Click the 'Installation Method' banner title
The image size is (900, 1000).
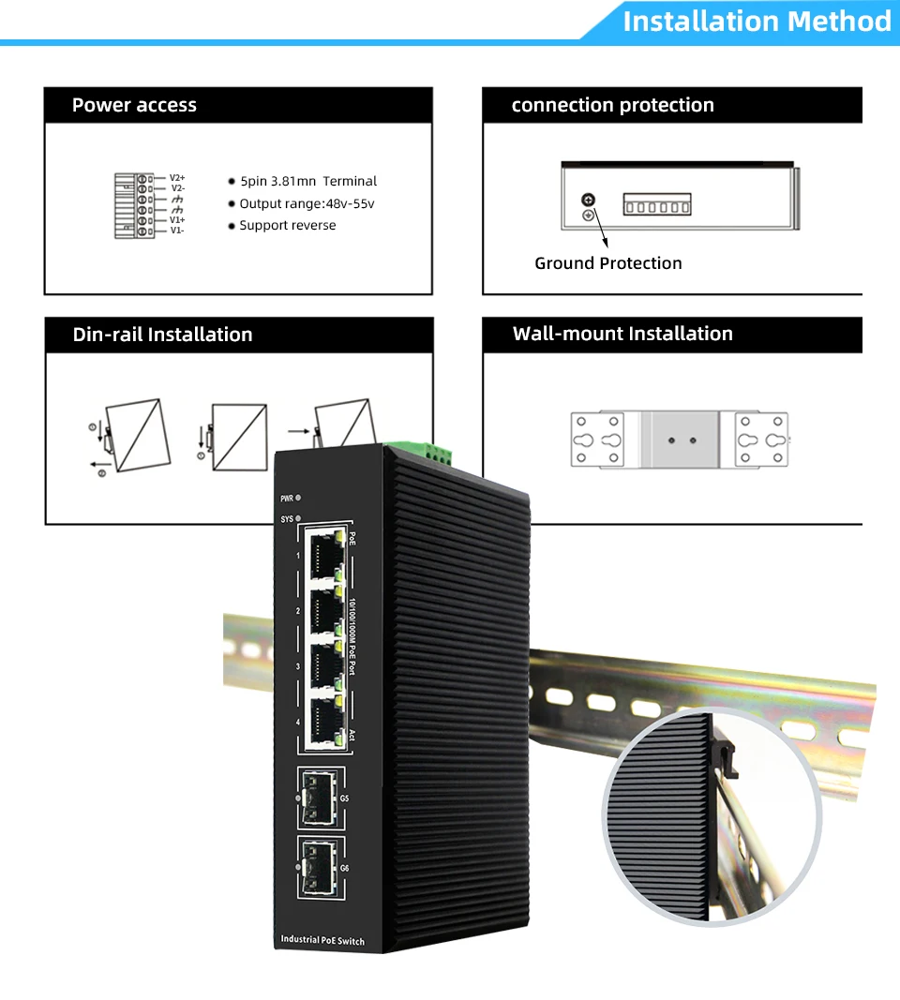(x=756, y=21)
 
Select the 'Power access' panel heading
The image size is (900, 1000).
(x=134, y=105)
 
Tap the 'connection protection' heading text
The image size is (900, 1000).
(x=612, y=105)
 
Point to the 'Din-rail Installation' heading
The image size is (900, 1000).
(x=162, y=335)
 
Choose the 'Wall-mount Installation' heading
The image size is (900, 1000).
(x=622, y=334)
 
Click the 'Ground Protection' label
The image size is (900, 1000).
(x=607, y=263)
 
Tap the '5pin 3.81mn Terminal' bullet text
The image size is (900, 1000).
(x=307, y=181)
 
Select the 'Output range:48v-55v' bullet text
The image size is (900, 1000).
(x=307, y=203)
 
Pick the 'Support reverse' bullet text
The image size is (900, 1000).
(x=287, y=225)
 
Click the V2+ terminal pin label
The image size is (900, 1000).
(x=177, y=177)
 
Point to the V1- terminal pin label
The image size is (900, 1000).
(x=177, y=230)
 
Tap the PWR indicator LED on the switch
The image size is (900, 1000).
(x=298, y=498)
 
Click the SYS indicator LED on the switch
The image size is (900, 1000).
(x=298, y=518)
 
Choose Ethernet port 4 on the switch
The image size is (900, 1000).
(x=321, y=722)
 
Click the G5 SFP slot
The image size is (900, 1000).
(x=318, y=798)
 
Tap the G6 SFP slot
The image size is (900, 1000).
(x=318, y=868)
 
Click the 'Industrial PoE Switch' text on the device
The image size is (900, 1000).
(x=322, y=939)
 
